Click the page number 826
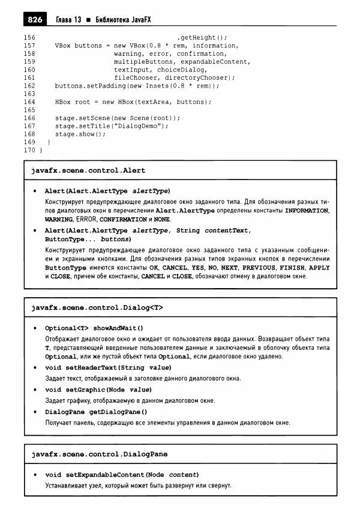pos(35,20)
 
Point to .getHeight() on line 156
pos(203,37)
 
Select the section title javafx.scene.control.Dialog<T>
pos(97,307)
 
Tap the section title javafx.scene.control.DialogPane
pos(99,454)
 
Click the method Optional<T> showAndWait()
pos(94,328)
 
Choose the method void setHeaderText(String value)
pos(109,368)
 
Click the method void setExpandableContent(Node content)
pos(122,475)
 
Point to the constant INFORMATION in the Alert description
pos(307,211)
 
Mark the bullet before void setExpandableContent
pos(36,475)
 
